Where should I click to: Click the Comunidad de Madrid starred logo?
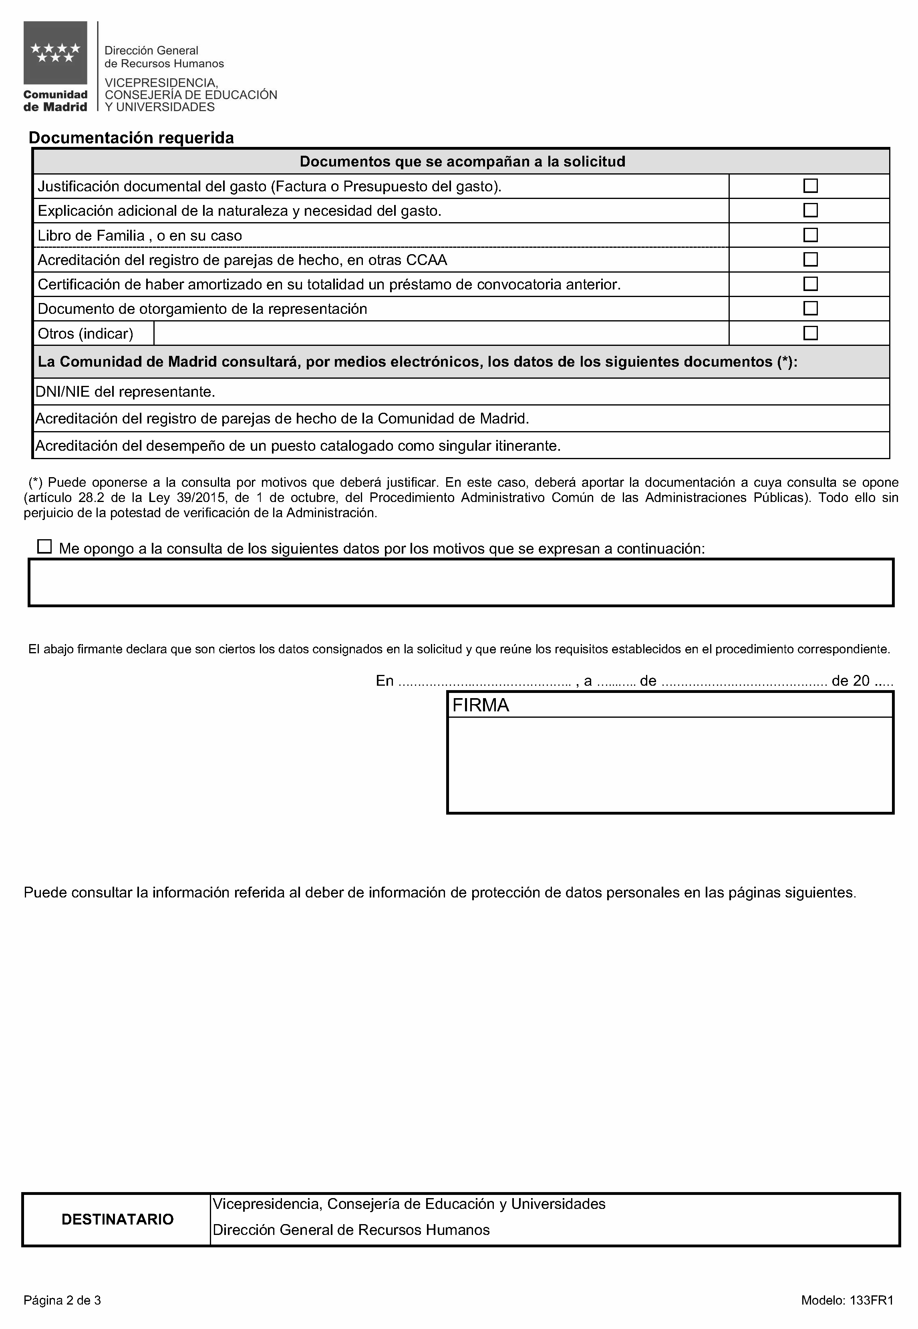[55, 53]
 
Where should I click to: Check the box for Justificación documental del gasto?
[810, 186]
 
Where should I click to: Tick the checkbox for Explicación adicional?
[810, 211]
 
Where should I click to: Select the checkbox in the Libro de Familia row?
[810, 235]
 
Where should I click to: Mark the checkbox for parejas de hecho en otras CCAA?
[810, 260]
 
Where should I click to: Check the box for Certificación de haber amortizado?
[810, 284]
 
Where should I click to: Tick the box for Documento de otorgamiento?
[810, 309]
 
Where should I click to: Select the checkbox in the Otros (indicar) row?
[810, 333]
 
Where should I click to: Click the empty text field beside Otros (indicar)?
[441, 333]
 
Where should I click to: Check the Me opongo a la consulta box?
[44, 547]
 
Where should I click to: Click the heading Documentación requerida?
[131, 138]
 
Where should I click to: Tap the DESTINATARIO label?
[117, 1220]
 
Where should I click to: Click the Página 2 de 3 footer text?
[62, 1300]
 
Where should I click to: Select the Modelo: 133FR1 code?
[847, 1300]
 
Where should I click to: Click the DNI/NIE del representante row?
[125, 392]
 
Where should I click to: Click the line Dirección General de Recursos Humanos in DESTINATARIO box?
[351, 1230]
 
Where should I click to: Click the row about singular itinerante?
[298, 446]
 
